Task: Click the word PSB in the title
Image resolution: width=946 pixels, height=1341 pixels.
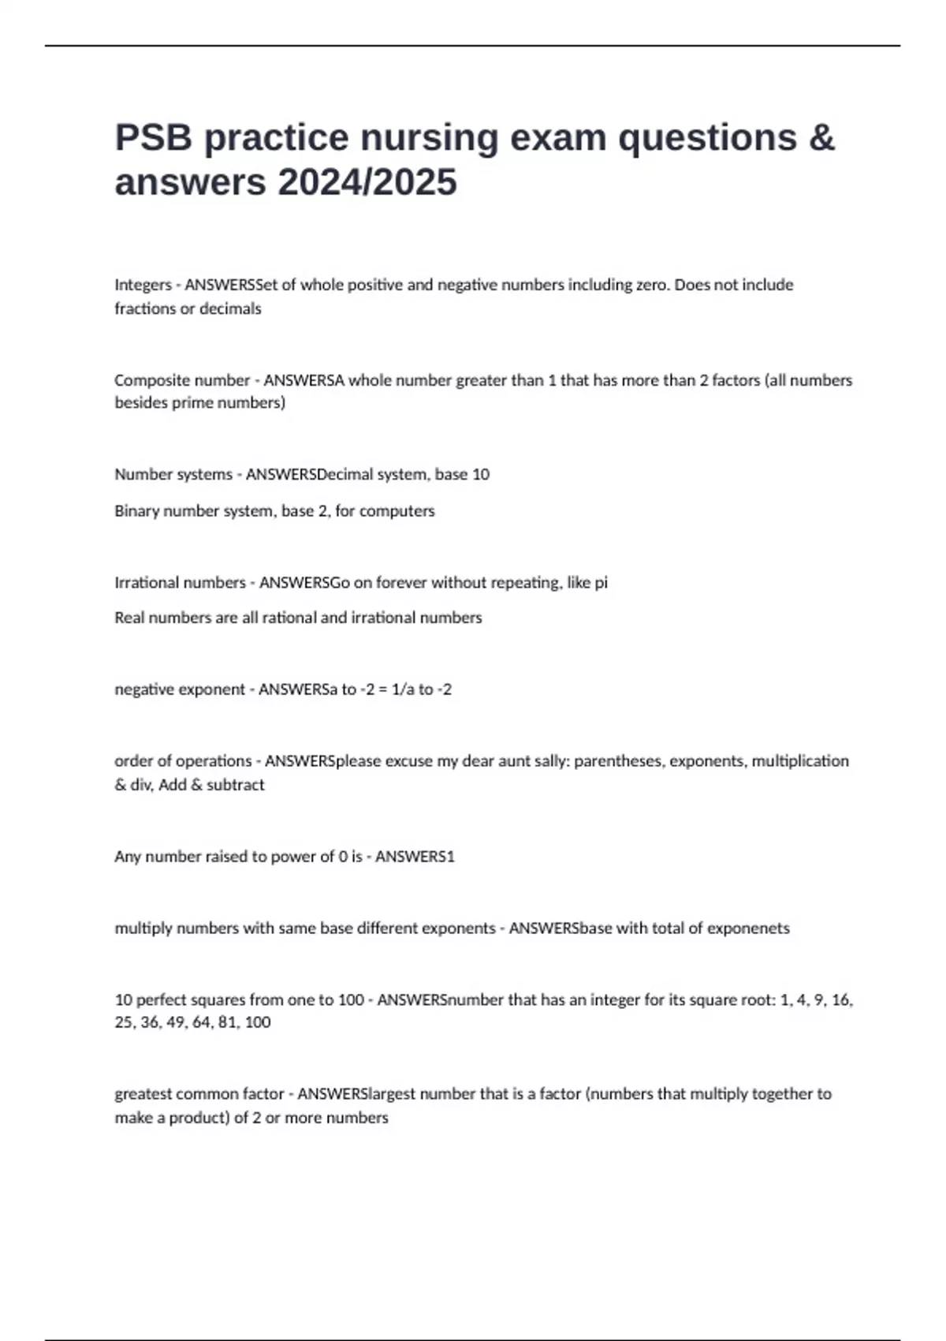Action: pyautogui.click(x=154, y=138)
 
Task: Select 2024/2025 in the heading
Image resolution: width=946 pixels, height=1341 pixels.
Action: pyautogui.click(x=367, y=183)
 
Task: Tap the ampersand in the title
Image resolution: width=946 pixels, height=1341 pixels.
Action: pyautogui.click(x=821, y=138)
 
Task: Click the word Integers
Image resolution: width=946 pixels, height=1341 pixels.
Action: pyautogui.click(x=143, y=285)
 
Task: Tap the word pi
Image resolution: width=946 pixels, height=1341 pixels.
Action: pyautogui.click(x=601, y=583)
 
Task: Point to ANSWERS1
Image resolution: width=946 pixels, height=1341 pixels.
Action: pyautogui.click(x=415, y=857)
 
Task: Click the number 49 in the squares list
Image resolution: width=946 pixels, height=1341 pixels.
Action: pyautogui.click(x=174, y=1022)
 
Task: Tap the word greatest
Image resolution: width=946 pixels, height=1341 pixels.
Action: pyautogui.click(x=143, y=1094)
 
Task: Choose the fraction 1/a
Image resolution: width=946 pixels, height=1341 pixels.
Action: pyautogui.click(x=403, y=689)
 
